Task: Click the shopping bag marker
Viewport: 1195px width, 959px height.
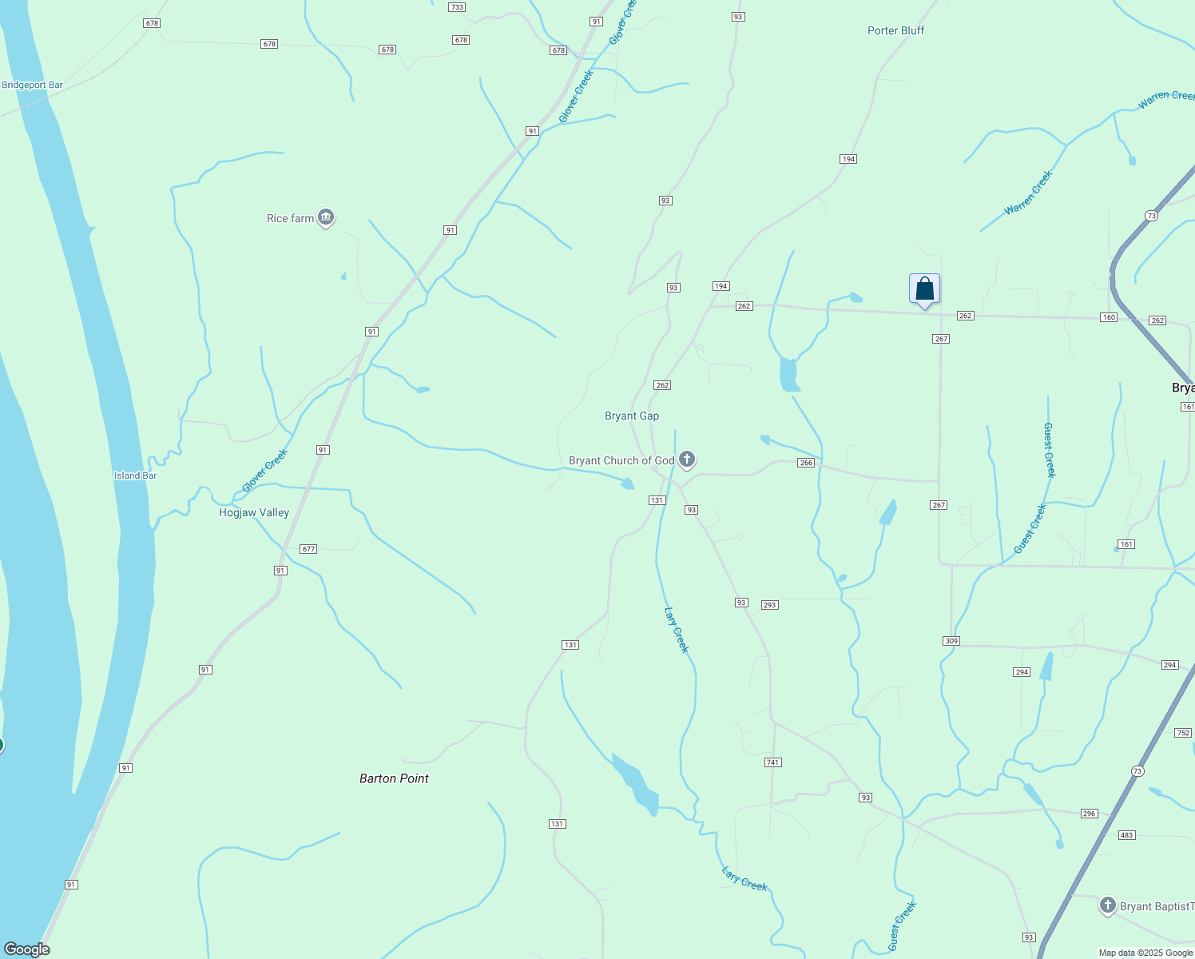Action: pos(924,289)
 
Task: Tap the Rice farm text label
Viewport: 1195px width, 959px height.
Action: pos(290,218)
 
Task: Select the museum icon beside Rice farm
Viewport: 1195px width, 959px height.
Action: pos(325,217)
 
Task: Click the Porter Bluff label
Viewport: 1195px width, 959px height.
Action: pos(895,30)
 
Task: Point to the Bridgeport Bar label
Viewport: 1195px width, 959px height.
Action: pos(33,86)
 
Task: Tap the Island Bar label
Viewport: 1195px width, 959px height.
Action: pos(135,476)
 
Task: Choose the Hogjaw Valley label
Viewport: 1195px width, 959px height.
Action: pos(254,512)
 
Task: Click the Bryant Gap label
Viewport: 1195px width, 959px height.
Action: pos(632,416)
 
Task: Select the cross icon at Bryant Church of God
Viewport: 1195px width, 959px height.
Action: pos(686,460)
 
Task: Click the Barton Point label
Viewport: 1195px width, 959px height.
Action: pos(394,778)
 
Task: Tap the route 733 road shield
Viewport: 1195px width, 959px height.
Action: pos(457,7)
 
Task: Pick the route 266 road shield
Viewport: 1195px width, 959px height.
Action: pos(806,463)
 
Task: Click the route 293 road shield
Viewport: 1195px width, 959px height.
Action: pos(769,605)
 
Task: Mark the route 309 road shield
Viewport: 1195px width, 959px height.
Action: pos(951,641)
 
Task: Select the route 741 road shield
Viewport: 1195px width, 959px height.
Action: pos(772,762)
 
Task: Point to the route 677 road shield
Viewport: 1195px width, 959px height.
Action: pos(308,549)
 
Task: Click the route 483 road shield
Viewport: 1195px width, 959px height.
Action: pos(1126,835)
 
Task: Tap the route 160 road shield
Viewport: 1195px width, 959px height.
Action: pos(1109,317)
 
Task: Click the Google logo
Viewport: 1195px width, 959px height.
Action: pos(27,949)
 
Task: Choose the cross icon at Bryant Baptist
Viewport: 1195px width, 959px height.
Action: pos(1107,905)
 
